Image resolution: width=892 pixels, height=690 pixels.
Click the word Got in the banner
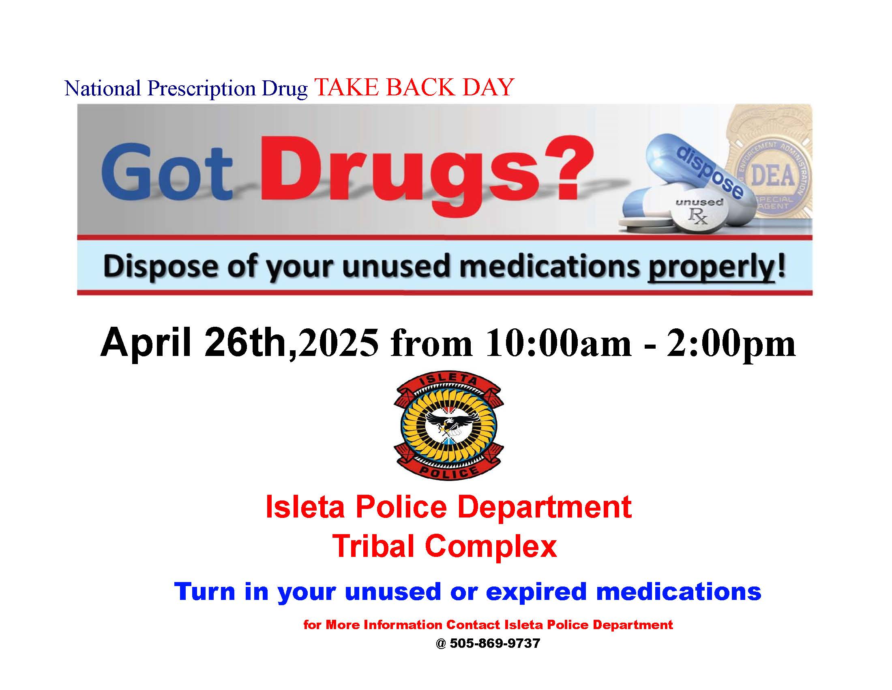click(x=167, y=172)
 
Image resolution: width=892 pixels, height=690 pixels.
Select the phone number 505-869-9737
click(x=495, y=643)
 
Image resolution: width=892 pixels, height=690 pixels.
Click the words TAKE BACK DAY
click(x=414, y=87)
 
